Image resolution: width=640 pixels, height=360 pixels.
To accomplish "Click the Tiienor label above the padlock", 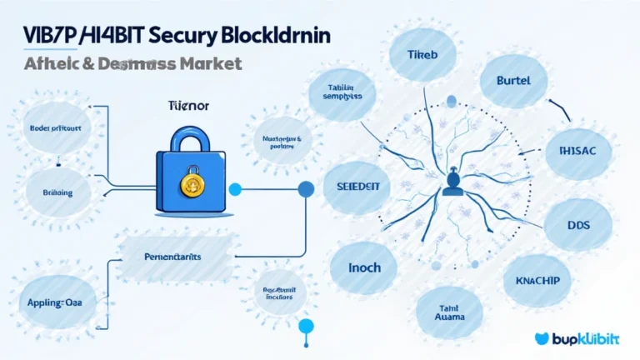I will [x=192, y=107].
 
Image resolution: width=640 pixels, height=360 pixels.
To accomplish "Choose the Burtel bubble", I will [x=517, y=84].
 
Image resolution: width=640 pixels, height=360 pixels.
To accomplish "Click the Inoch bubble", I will [x=364, y=267].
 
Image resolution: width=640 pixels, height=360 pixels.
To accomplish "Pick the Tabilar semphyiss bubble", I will [x=342, y=91].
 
